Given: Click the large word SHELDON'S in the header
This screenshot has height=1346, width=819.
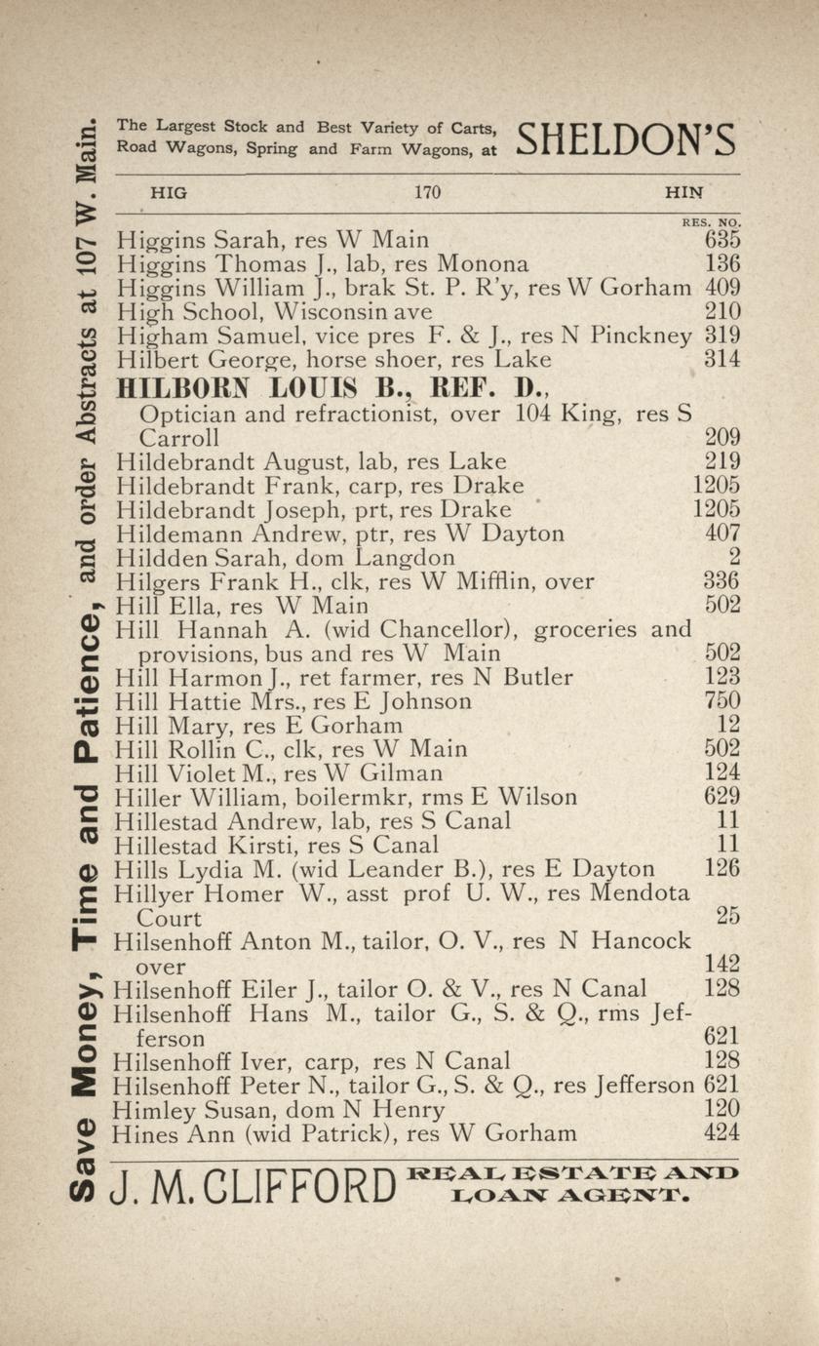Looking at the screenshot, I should pos(624,139).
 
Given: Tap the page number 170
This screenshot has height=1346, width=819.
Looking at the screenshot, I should pos(427,193).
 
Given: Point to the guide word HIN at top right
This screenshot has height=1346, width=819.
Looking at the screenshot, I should pos(683,193).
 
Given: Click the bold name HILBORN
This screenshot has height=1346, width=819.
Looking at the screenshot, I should pos(185,387).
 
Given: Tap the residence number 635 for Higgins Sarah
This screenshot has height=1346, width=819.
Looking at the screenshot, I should pos(722,240).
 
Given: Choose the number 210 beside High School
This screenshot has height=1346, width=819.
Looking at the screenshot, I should pos(722,312).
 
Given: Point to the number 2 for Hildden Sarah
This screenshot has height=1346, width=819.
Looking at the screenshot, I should pos(734,557).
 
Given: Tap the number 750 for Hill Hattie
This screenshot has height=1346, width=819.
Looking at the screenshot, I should pos(722,701).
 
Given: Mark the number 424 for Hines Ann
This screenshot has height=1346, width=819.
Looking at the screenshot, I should pos(722,1133).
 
